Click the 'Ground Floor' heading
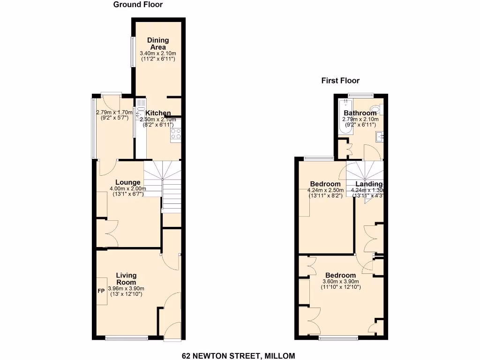click(x=138, y=5)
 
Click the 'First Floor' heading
click(x=340, y=81)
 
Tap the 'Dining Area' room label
click(x=158, y=44)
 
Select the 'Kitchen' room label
click(x=158, y=113)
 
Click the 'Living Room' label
click(x=126, y=279)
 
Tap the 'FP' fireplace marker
click(x=101, y=291)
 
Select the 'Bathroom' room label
click(x=360, y=113)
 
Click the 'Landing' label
click(x=369, y=184)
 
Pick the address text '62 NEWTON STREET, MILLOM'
click(x=239, y=356)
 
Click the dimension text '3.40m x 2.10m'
click(x=158, y=53)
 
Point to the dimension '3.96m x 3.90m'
click(x=126, y=288)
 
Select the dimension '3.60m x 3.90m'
click(x=341, y=282)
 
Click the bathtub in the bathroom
click(x=345, y=117)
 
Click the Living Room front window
click(x=126, y=337)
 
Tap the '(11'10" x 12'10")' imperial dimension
click(x=341, y=287)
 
